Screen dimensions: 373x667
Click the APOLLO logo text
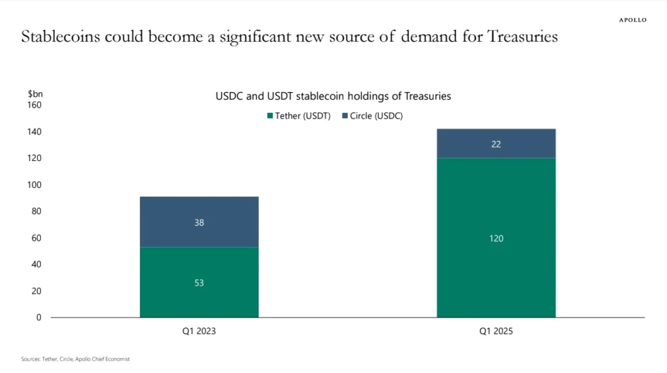[632, 20]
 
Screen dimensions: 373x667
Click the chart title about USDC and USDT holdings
[333, 96]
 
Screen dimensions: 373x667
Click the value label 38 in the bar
[199, 222]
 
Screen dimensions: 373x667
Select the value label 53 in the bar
[199, 282]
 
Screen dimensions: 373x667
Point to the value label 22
[496, 144]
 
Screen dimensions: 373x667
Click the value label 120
[496, 239]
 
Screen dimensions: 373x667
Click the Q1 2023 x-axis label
[199, 331]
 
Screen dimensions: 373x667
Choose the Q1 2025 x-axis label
[496, 331]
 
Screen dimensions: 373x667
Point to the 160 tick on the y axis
[35, 105]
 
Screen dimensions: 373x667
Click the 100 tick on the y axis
[35, 185]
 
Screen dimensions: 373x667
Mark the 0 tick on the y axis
[38, 318]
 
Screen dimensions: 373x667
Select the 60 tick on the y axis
[36, 238]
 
